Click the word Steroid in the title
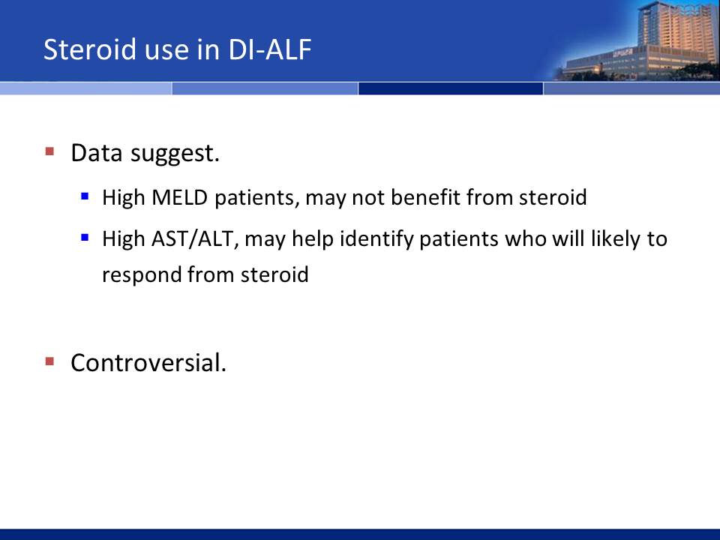90,49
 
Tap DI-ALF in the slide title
269,49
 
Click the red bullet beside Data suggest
49,151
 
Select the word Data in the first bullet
97,153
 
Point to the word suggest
175,154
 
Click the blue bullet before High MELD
85,196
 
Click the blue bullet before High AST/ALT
85,238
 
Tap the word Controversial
148,363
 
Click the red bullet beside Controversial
49,361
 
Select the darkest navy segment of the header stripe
451,88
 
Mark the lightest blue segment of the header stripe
85,88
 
